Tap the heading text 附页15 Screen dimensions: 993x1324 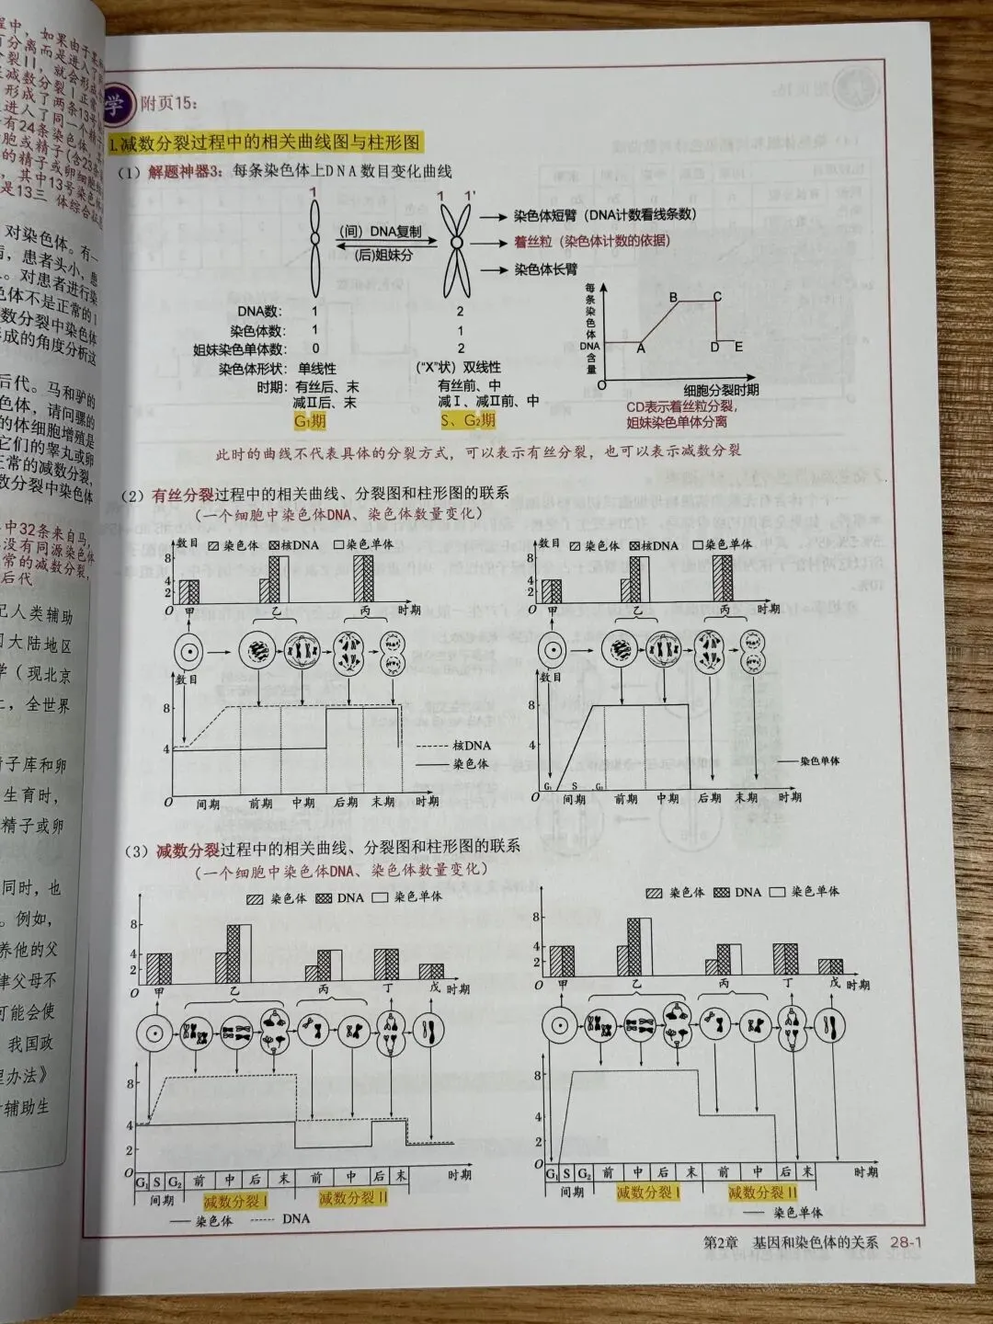coord(168,103)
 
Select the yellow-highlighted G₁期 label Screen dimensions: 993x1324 coord(310,421)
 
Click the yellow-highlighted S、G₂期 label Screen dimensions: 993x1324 coord(468,421)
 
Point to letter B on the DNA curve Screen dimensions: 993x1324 coord(673,298)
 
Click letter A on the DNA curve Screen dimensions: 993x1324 coord(641,348)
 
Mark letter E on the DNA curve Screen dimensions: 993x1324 coord(738,348)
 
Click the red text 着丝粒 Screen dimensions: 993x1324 coord(532,242)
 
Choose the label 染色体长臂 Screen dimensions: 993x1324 coord(545,269)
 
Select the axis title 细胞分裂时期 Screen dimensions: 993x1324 coord(721,390)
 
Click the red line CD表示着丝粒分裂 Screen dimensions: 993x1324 coord(679,406)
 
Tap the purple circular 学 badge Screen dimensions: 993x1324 coord(116,102)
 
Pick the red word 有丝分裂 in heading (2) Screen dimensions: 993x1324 coord(182,494)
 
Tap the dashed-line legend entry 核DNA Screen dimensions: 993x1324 coord(472,746)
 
